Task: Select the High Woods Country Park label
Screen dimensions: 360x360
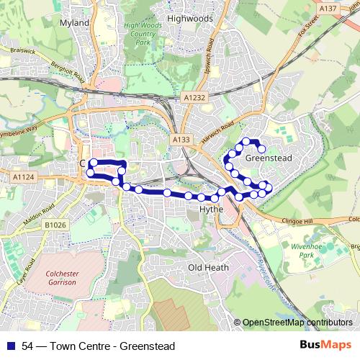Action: click(139, 34)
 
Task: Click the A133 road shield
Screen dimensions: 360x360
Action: click(181, 139)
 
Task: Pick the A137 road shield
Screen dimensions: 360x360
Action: click(328, 8)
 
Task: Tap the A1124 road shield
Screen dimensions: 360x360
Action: click(23, 176)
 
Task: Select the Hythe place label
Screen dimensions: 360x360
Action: click(212, 210)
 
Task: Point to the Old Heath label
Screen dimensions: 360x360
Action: click(208, 267)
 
